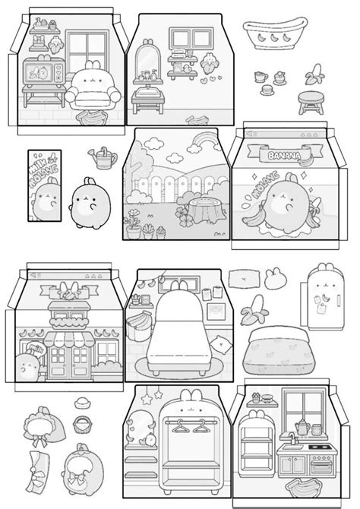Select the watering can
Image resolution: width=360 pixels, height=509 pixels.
103,158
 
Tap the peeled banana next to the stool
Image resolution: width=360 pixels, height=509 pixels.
313,74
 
